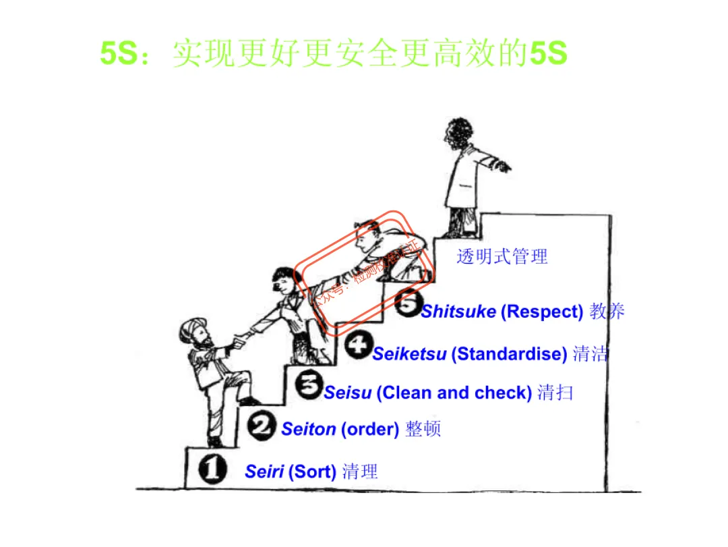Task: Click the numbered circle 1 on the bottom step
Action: [212, 469]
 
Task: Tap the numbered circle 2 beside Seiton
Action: [262, 426]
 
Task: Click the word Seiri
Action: [264, 471]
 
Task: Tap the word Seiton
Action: [309, 429]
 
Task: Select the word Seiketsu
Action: [409, 353]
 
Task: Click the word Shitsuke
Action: [458, 311]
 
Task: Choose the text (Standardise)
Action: [509, 353]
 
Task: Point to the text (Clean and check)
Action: [454, 393]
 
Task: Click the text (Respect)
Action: [542, 311]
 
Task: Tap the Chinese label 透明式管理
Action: [502, 256]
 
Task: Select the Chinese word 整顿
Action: [423, 429]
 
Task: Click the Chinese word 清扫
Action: [555, 393]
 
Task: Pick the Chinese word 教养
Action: [607, 311]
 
